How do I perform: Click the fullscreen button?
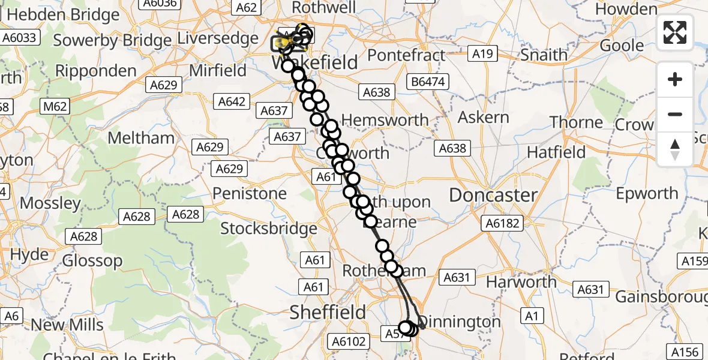tap(675, 32)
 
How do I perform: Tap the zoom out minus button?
tap(675, 114)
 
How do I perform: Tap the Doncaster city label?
tap(493, 195)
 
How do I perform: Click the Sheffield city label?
tap(328, 312)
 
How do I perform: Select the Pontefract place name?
tap(406, 56)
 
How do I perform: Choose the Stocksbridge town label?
tap(269, 229)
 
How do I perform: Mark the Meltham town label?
tap(140, 138)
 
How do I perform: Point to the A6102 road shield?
tap(349, 341)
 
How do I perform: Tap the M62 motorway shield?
tap(54, 107)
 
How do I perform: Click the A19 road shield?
tap(482, 55)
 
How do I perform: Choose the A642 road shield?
tap(232, 101)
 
